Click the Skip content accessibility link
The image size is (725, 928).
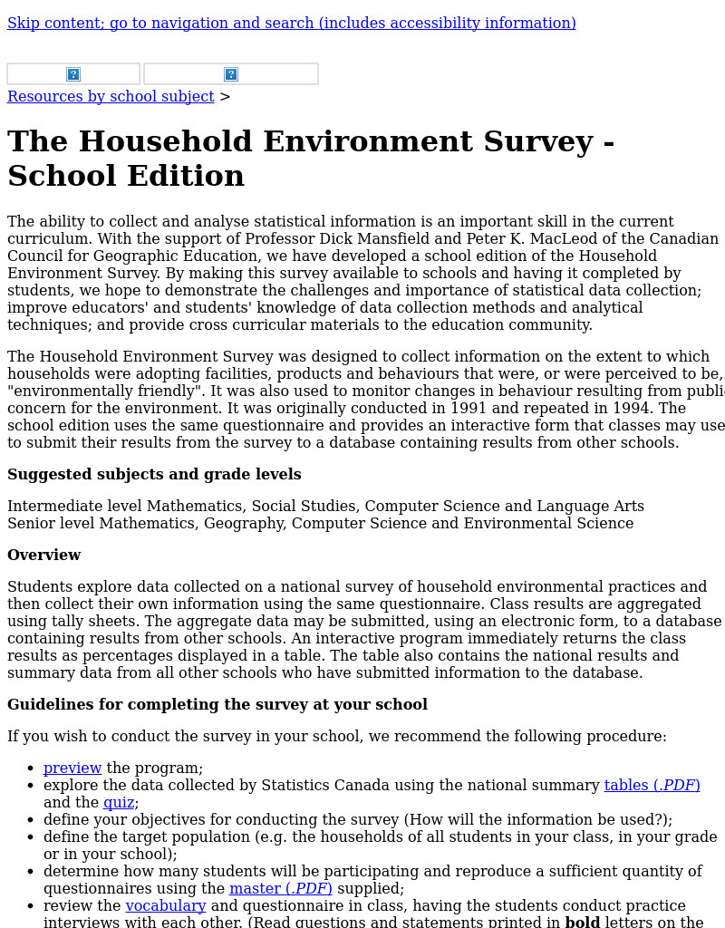(291, 24)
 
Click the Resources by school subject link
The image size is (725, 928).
(111, 97)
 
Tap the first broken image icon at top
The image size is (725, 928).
(73, 74)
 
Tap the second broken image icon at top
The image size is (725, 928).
(231, 74)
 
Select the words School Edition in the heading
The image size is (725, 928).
(126, 176)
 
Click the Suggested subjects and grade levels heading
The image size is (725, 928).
(154, 475)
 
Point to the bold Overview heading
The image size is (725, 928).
(43, 556)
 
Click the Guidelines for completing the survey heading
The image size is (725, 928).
(217, 705)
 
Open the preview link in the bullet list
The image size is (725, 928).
(72, 768)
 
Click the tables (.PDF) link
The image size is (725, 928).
(652, 786)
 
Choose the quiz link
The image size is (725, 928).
(119, 803)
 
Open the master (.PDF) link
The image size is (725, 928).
(280, 889)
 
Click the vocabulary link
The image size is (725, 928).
(166, 906)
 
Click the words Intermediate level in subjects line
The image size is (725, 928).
(74, 507)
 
